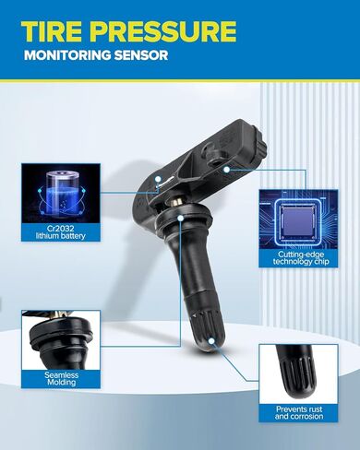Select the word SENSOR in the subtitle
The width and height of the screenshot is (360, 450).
point(137,55)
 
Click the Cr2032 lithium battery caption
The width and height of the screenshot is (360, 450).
point(61,232)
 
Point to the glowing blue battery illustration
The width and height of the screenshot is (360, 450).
point(61,193)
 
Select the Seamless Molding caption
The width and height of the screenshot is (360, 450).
point(61,379)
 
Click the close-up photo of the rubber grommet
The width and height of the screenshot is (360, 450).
point(61,340)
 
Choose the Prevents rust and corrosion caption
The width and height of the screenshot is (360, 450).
point(299,413)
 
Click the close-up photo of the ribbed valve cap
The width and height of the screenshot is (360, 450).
point(299,374)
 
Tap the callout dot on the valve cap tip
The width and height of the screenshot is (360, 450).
point(211,341)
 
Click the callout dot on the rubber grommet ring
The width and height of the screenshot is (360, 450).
point(181,218)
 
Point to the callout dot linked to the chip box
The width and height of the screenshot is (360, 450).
point(226,169)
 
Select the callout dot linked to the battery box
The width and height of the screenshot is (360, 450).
point(158,179)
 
